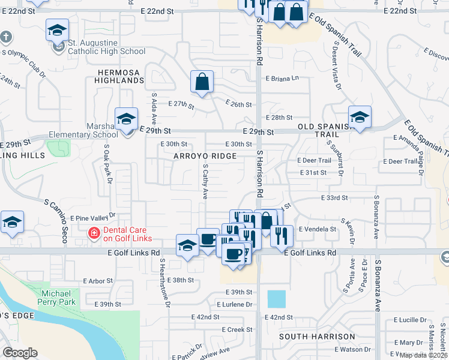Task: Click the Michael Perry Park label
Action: (59, 298)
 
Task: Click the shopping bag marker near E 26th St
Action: (202, 82)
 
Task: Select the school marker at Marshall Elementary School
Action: (127, 119)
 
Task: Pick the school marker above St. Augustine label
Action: (57, 30)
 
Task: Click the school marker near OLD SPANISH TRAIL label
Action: (360, 117)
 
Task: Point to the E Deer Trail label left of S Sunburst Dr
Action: (314, 160)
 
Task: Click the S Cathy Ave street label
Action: (205, 182)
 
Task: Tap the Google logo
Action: (20, 353)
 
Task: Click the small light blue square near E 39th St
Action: (277, 299)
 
